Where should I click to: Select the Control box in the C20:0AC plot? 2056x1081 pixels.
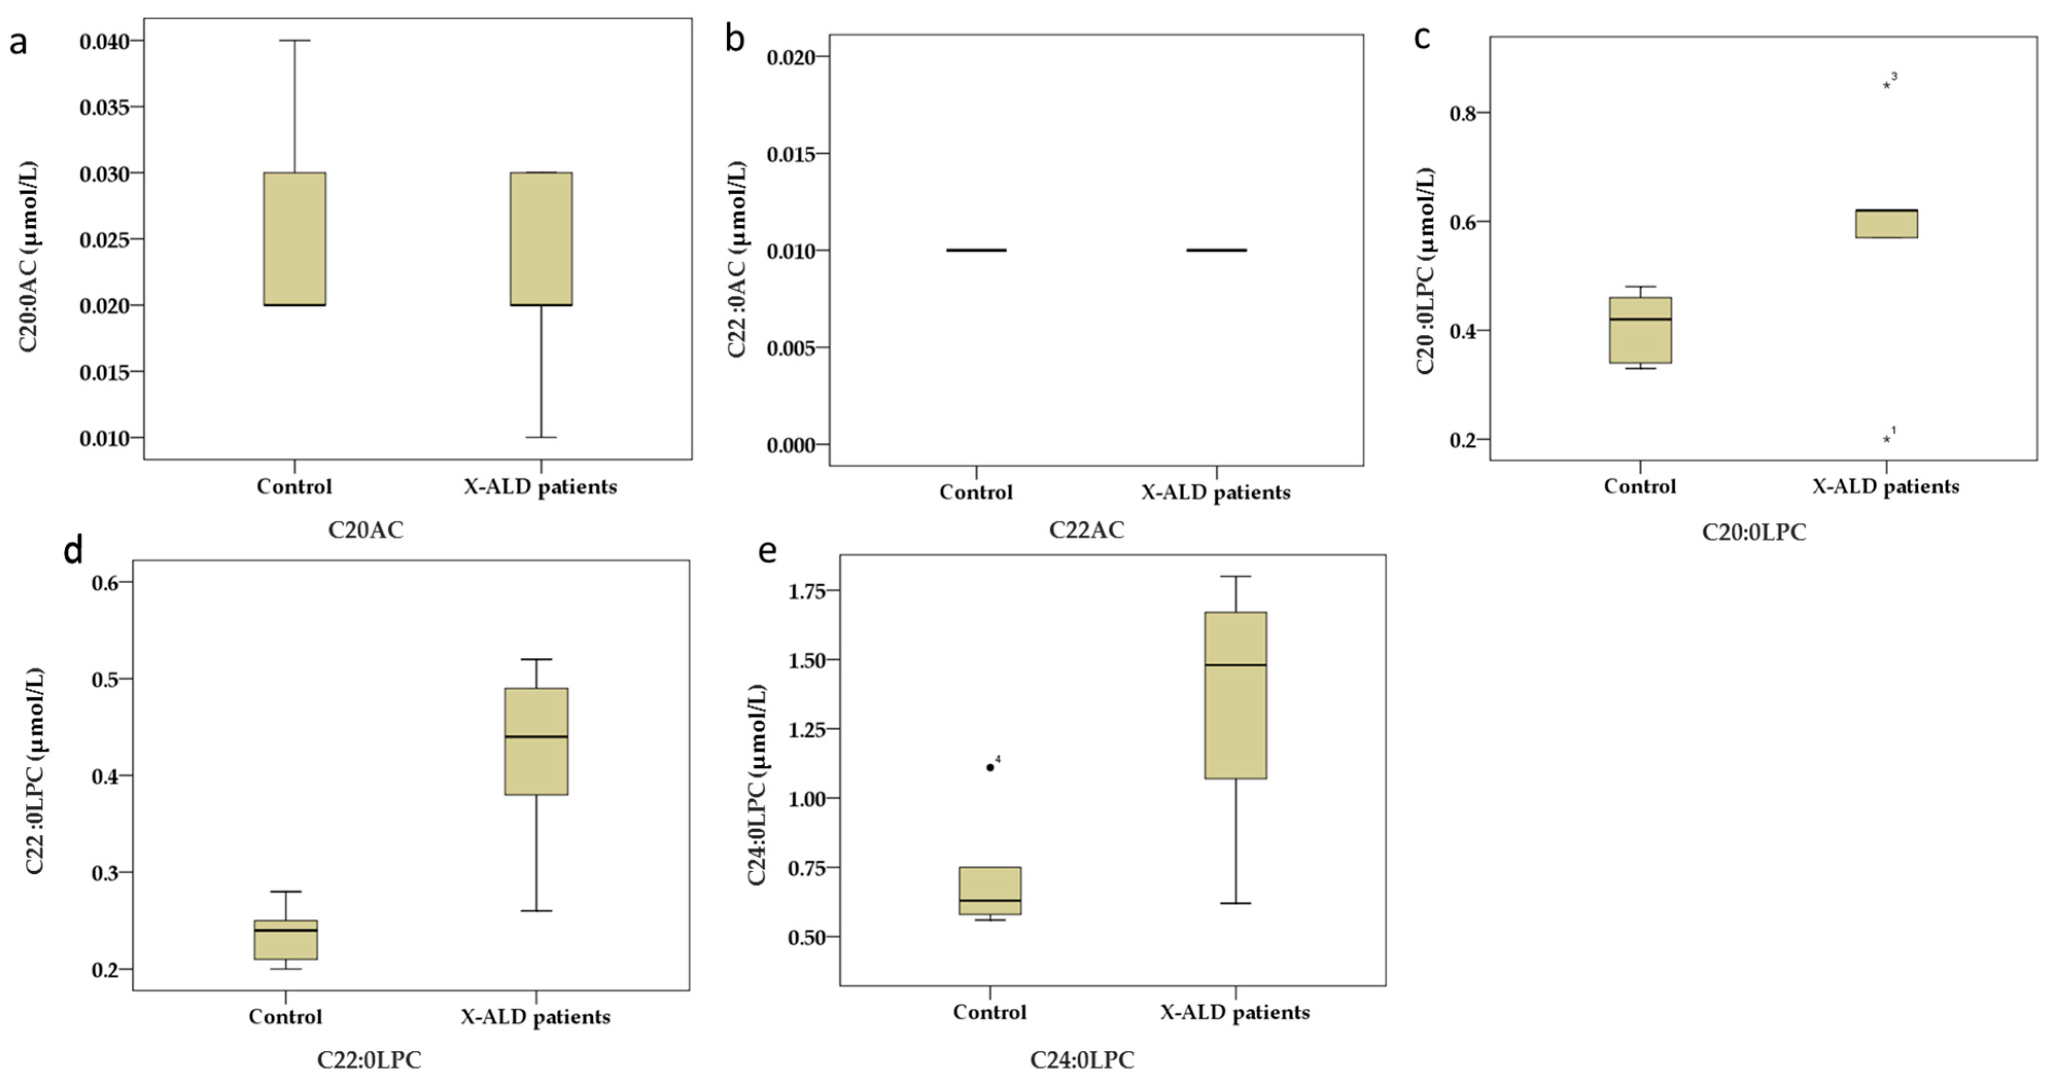pos(294,239)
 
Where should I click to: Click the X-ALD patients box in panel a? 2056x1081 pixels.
pos(541,239)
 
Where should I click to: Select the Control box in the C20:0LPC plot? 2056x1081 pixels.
pos(1640,330)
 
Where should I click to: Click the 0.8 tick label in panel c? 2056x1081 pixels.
pos(1464,113)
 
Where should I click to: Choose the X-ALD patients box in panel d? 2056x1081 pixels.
pos(536,741)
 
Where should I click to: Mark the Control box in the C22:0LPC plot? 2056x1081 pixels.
pos(286,939)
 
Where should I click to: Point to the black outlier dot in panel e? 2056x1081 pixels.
pos(990,767)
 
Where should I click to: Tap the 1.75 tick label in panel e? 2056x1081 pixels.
pos(809,591)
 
